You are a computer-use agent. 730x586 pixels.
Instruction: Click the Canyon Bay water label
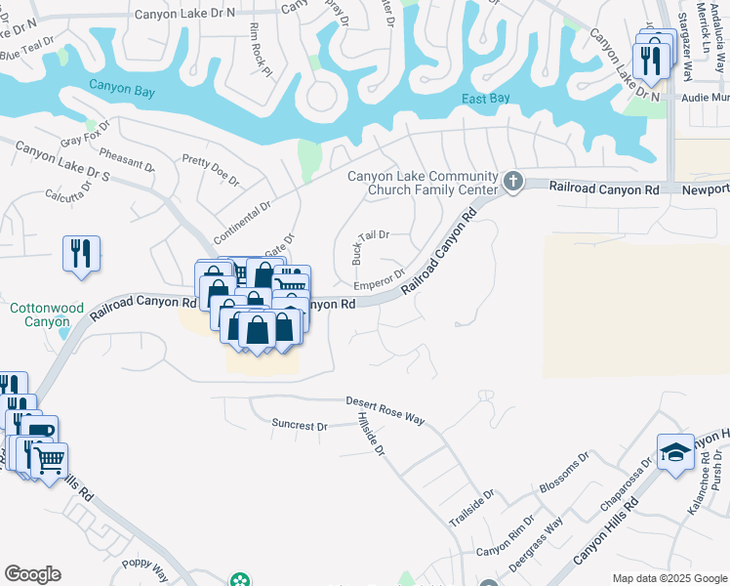coord(123,86)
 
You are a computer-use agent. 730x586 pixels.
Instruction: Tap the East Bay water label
coord(486,98)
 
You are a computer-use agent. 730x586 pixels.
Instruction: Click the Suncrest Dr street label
coord(299,426)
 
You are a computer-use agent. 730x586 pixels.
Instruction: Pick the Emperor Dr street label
coord(379,279)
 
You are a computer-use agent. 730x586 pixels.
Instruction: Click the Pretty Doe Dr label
coord(210,169)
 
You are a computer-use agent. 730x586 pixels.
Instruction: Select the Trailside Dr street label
coord(472,508)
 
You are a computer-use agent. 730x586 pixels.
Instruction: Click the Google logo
coord(32,574)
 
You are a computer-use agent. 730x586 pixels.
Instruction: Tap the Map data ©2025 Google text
coord(669,578)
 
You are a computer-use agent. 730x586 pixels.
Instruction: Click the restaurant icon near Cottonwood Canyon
coord(80,253)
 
